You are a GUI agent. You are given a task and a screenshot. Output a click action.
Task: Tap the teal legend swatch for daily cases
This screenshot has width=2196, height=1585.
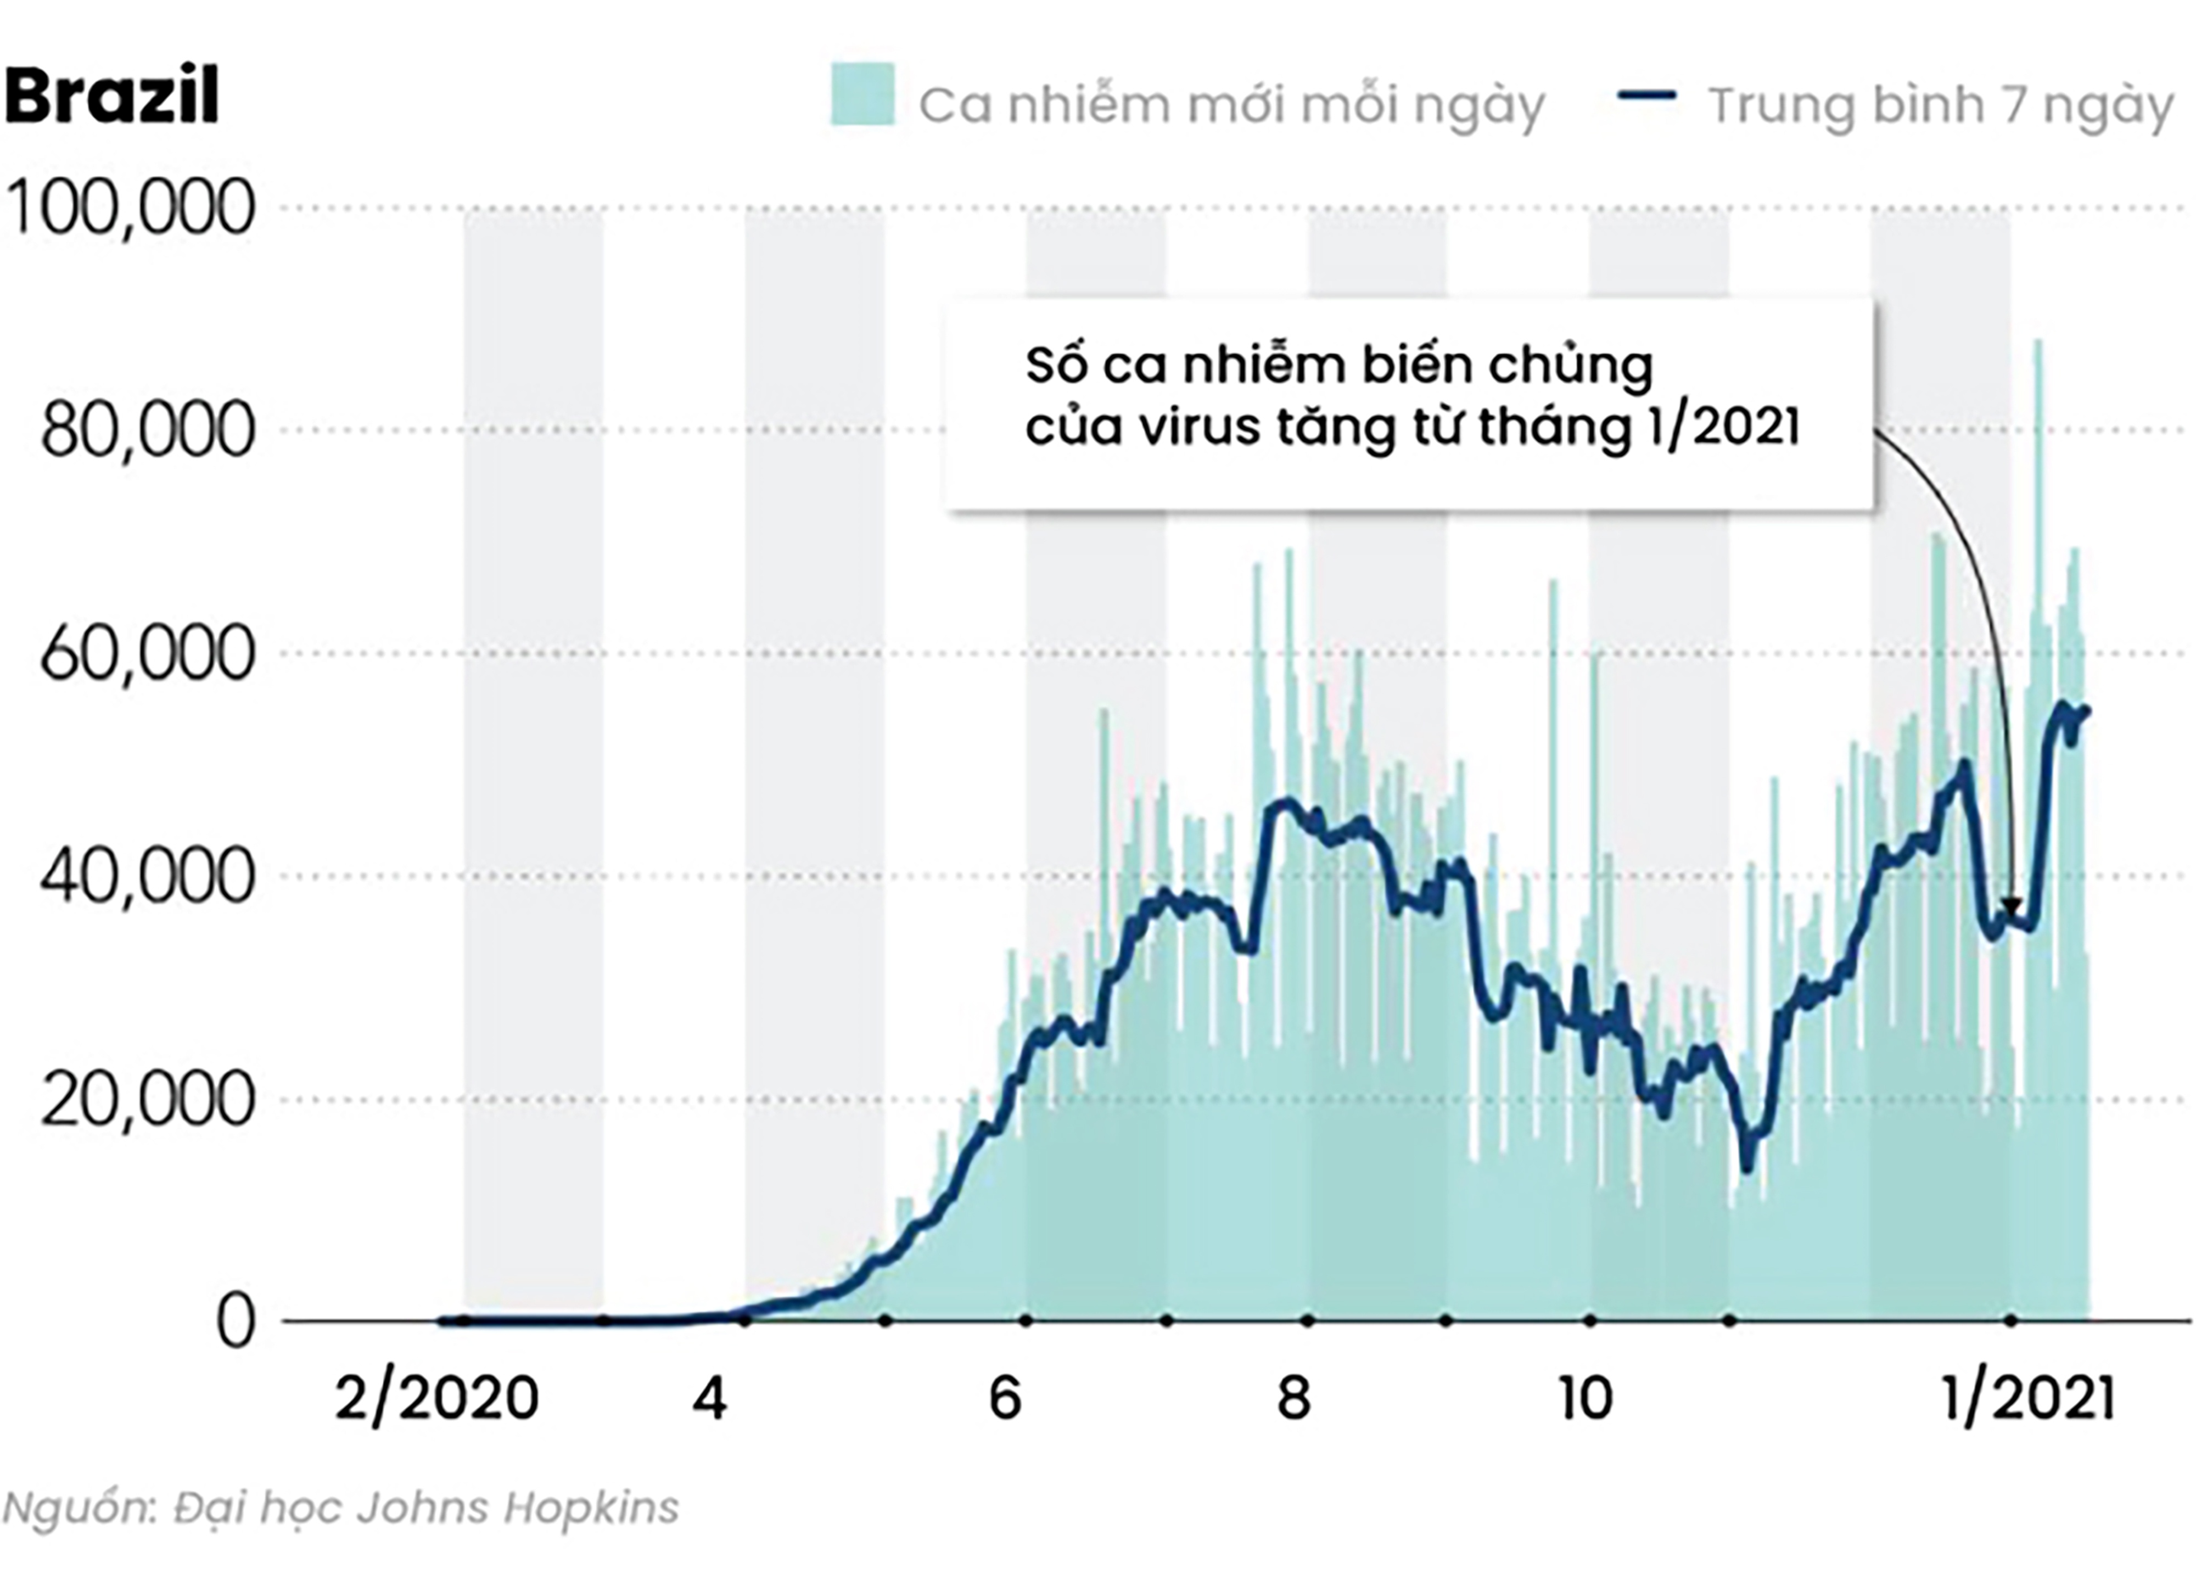click(x=862, y=95)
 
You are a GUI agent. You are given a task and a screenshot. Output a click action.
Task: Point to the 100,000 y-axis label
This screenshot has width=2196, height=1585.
click(x=131, y=208)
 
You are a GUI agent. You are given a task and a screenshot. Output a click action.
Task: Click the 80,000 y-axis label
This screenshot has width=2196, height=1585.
click(x=147, y=431)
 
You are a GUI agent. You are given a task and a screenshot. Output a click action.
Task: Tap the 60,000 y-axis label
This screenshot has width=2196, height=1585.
click(x=147, y=653)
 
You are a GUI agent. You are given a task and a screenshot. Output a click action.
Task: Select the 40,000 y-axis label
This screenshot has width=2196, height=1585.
click(x=147, y=876)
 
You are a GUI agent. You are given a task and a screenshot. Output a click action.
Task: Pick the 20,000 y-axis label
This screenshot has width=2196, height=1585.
click(x=147, y=1100)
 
